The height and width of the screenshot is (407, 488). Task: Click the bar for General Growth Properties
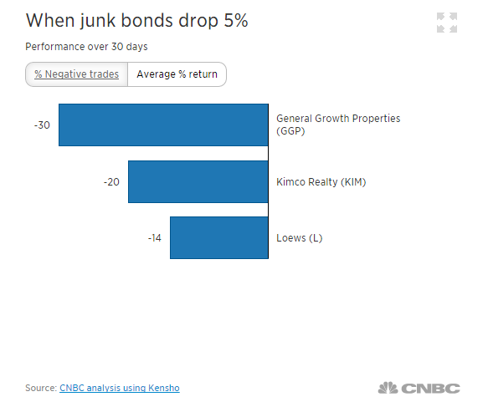(163, 125)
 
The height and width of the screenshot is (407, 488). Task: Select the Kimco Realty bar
(198, 181)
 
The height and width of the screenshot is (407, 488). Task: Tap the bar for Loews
(218, 237)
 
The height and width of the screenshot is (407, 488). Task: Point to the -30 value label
(42, 125)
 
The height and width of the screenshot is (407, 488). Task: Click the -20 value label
(111, 181)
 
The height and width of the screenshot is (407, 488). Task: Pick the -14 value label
(154, 238)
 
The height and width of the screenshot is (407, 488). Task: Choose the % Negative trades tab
(76, 74)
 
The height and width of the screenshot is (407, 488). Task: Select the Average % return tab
(177, 74)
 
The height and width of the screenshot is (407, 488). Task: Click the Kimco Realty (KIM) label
(321, 181)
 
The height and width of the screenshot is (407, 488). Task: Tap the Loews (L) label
(299, 238)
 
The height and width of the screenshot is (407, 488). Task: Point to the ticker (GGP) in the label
(290, 131)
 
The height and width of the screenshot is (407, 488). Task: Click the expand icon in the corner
(447, 23)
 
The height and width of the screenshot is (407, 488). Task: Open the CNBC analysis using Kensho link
(120, 388)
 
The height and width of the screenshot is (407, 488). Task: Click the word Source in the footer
(40, 388)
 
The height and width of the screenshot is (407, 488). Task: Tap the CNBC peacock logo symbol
(387, 388)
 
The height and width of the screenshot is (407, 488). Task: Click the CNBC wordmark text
(430, 388)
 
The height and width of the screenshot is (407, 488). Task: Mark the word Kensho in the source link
(163, 388)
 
